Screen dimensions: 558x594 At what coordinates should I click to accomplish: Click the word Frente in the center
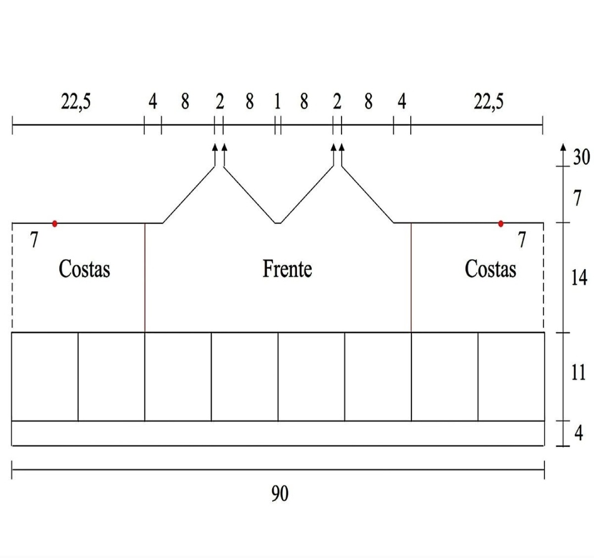(x=287, y=269)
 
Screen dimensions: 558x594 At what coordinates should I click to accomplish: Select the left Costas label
(x=84, y=269)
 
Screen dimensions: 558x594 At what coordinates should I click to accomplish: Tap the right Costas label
(x=490, y=269)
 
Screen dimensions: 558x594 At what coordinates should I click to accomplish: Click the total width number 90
(x=279, y=494)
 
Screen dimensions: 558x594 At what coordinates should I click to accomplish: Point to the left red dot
(x=54, y=223)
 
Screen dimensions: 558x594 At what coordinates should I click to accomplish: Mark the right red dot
(x=501, y=223)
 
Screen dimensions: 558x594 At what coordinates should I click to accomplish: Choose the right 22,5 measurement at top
(x=488, y=102)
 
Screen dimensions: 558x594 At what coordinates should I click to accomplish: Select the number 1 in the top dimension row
(x=278, y=102)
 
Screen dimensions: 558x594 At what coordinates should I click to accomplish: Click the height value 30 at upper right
(x=581, y=157)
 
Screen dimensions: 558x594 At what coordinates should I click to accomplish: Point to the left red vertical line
(x=145, y=278)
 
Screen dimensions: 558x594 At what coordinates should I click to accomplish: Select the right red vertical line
(x=411, y=278)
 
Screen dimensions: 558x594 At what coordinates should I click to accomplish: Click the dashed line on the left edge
(x=12, y=278)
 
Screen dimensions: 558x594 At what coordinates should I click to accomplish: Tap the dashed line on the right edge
(x=543, y=278)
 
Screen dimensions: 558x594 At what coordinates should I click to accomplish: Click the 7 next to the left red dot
(x=34, y=240)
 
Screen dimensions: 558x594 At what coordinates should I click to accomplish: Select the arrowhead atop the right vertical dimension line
(x=563, y=147)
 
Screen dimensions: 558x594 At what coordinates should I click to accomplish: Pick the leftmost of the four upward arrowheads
(x=215, y=147)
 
